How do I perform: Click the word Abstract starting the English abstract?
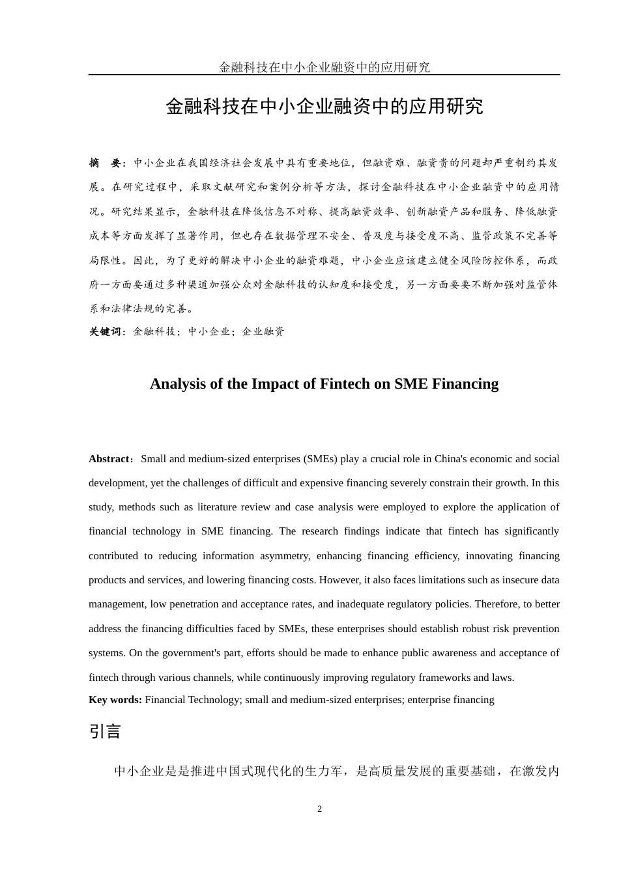[109, 459]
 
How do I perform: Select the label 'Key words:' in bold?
[115, 700]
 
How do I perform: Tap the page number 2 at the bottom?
[319, 809]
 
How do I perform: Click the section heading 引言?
[105, 732]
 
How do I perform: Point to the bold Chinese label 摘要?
[105, 163]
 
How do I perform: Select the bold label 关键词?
[105, 331]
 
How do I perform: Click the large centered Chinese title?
[324, 106]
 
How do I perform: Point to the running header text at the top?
[324, 67]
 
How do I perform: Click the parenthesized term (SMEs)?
[320, 459]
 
